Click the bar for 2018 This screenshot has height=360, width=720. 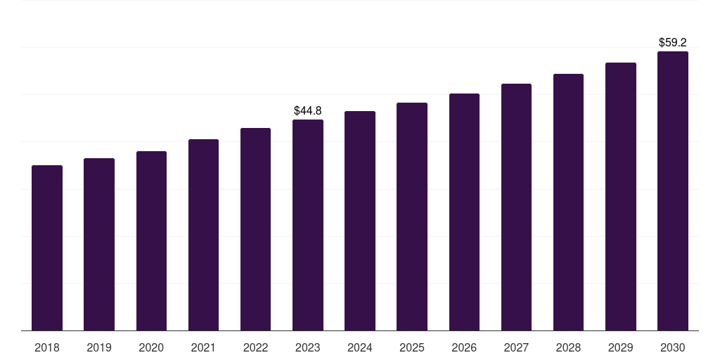(x=47, y=247)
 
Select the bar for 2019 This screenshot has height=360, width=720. (x=99, y=244)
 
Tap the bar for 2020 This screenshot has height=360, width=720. (x=151, y=240)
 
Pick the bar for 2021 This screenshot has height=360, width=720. (x=203, y=235)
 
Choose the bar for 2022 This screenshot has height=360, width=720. (x=255, y=229)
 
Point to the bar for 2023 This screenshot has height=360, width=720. (x=308, y=225)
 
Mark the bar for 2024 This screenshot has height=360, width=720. (x=360, y=221)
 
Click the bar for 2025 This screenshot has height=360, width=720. (x=412, y=217)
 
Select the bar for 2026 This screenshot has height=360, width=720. (x=464, y=212)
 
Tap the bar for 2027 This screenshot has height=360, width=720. (x=516, y=207)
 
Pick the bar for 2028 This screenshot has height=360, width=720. (x=568, y=202)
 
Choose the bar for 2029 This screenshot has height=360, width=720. (x=621, y=196)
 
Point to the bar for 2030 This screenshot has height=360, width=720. (x=673, y=191)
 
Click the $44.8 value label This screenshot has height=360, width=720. (x=308, y=110)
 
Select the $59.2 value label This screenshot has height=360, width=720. (x=673, y=42)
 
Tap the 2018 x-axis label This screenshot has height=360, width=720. (x=47, y=347)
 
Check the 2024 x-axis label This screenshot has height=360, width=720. (x=360, y=347)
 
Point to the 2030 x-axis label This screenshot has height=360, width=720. (x=673, y=347)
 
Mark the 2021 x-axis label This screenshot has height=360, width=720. (x=203, y=347)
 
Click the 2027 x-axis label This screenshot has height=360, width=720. (x=516, y=347)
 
